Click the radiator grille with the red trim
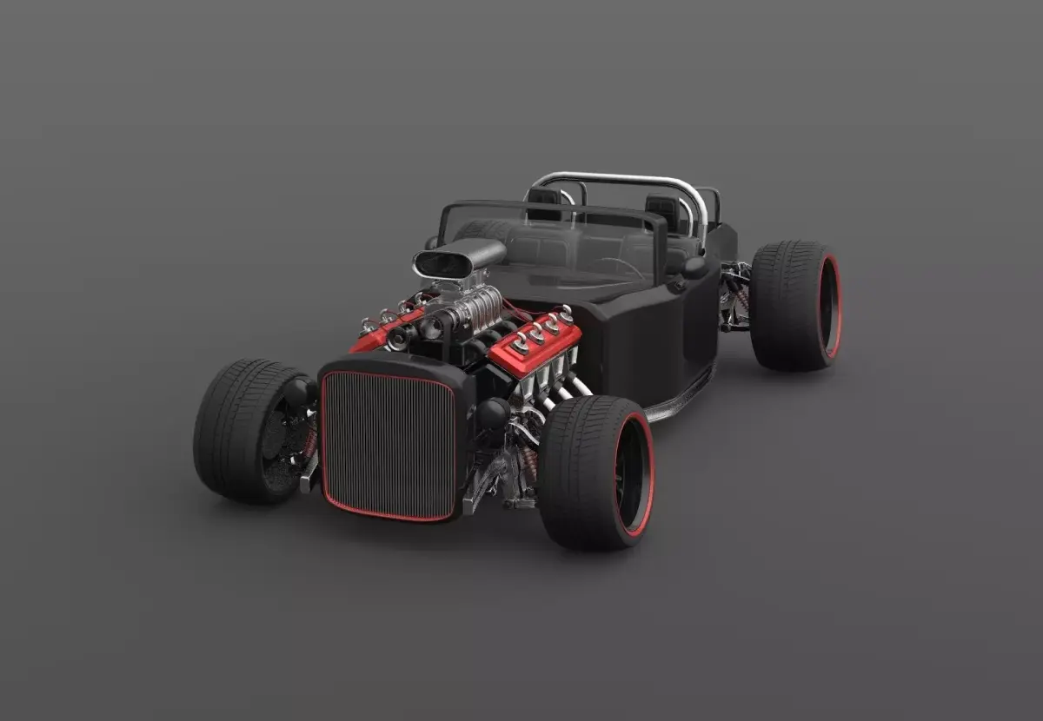(x=389, y=445)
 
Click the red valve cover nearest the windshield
(x=535, y=342)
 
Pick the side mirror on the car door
(x=694, y=267)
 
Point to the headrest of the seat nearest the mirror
(x=664, y=211)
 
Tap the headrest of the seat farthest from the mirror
(x=544, y=202)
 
